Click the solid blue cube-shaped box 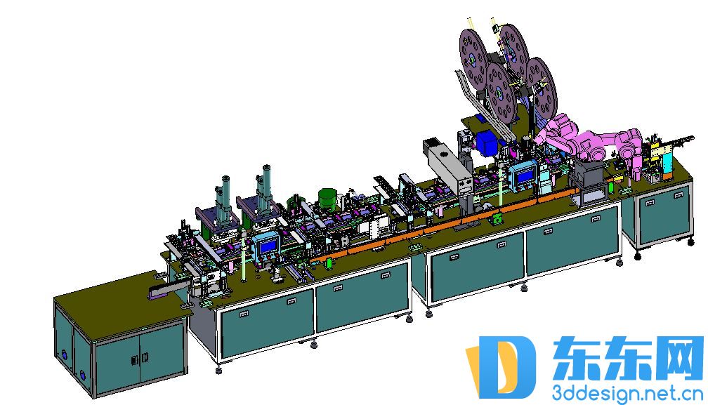click(x=487, y=141)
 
